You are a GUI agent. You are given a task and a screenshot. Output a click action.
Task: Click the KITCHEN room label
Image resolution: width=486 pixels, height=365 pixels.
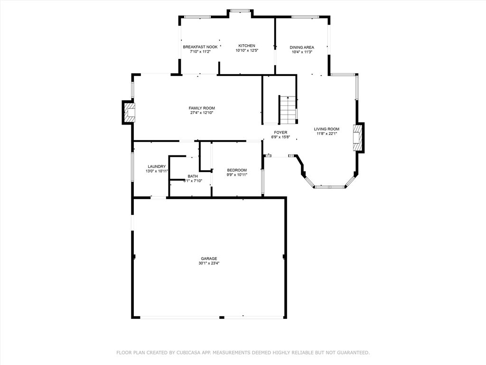pyautogui.click(x=247, y=46)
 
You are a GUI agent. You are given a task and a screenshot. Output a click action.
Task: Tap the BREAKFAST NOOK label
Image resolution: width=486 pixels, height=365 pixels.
pyautogui.click(x=200, y=47)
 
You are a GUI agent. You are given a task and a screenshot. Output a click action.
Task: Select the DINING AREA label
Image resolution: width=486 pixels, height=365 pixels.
pyautogui.click(x=302, y=48)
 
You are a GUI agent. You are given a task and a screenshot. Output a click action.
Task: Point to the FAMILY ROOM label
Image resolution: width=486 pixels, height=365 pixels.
pyautogui.click(x=202, y=108)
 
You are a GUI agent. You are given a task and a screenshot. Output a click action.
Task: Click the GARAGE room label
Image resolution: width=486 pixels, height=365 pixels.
pyautogui.click(x=209, y=259)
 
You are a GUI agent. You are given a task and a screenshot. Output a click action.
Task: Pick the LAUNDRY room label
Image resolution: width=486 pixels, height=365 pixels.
pyautogui.click(x=157, y=166)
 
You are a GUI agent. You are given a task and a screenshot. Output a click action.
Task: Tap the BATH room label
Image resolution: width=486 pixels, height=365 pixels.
pyautogui.click(x=192, y=176)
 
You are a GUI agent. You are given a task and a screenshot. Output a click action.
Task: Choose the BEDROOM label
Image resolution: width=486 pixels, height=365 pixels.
pyautogui.click(x=237, y=170)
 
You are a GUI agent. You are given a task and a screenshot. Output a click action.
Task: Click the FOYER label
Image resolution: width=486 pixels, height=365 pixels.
pyautogui.click(x=280, y=133)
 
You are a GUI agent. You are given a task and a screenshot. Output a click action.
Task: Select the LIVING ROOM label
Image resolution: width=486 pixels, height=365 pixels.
pyautogui.click(x=327, y=129)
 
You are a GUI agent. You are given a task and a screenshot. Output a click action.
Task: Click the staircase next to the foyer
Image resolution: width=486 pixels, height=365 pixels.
pyautogui.click(x=288, y=110)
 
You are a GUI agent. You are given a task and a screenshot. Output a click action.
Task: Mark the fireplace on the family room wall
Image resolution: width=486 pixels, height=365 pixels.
pyautogui.click(x=129, y=112)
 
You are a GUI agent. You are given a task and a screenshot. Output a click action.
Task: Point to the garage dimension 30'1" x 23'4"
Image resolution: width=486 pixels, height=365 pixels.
pyautogui.click(x=209, y=263)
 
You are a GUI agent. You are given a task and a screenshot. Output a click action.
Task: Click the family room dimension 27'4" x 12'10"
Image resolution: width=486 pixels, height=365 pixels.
pyautogui.click(x=202, y=113)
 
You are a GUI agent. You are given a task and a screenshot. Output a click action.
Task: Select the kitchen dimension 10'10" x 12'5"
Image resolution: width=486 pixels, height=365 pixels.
pyautogui.click(x=247, y=50)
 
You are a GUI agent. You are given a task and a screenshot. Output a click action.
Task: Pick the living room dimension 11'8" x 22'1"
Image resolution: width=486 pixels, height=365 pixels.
pyautogui.click(x=327, y=134)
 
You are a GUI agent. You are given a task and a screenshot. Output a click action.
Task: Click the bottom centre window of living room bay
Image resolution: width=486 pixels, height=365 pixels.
pyautogui.click(x=329, y=187)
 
